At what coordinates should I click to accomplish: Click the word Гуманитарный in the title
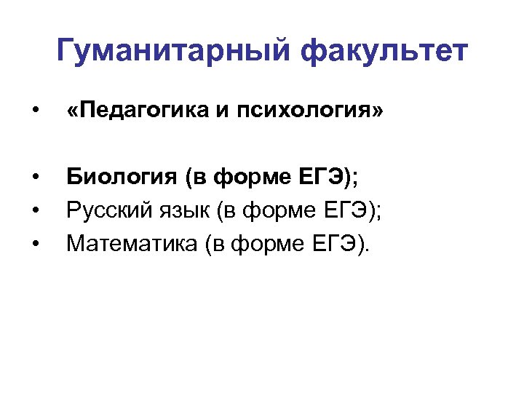coord(174,52)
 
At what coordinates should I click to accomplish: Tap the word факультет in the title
coord(386,52)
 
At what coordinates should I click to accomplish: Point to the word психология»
coord(302,111)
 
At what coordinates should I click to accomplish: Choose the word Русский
coord(106,210)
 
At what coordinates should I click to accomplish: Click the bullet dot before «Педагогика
coord(35,111)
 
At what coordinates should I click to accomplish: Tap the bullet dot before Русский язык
coord(35,211)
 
